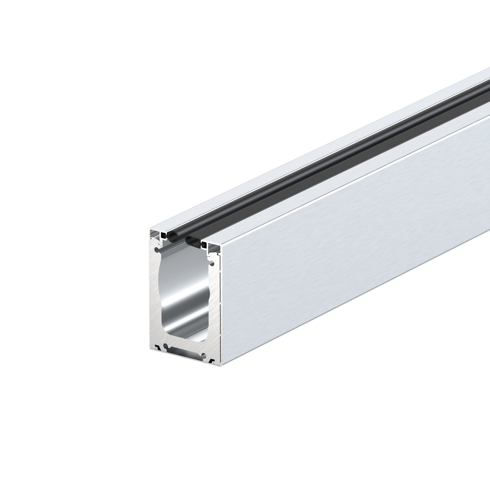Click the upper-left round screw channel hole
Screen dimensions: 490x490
click(156, 250)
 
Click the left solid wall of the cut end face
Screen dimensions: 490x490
click(153, 292)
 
